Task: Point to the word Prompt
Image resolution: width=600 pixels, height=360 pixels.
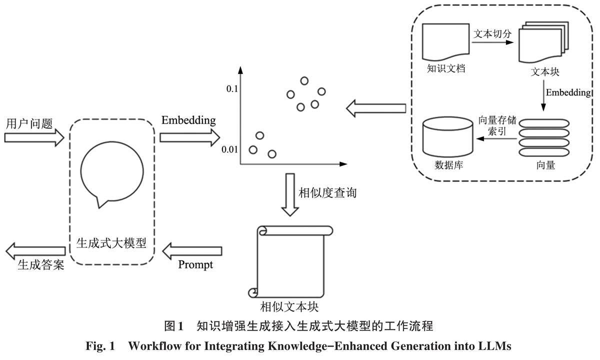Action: pos(195,264)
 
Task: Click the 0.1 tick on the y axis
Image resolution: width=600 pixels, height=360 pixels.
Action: pos(231,89)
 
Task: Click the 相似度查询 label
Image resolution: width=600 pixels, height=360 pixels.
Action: pos(327,192)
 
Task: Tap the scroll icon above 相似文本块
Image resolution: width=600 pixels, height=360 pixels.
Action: pos(289,261)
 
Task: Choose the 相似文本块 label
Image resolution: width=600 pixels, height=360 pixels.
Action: pos(289,305)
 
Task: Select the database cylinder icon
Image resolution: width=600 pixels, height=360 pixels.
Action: pos(448,137)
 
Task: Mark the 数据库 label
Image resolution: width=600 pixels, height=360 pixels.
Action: pos(448,165)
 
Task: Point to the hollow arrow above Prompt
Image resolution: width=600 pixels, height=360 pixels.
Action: pos(192,248)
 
